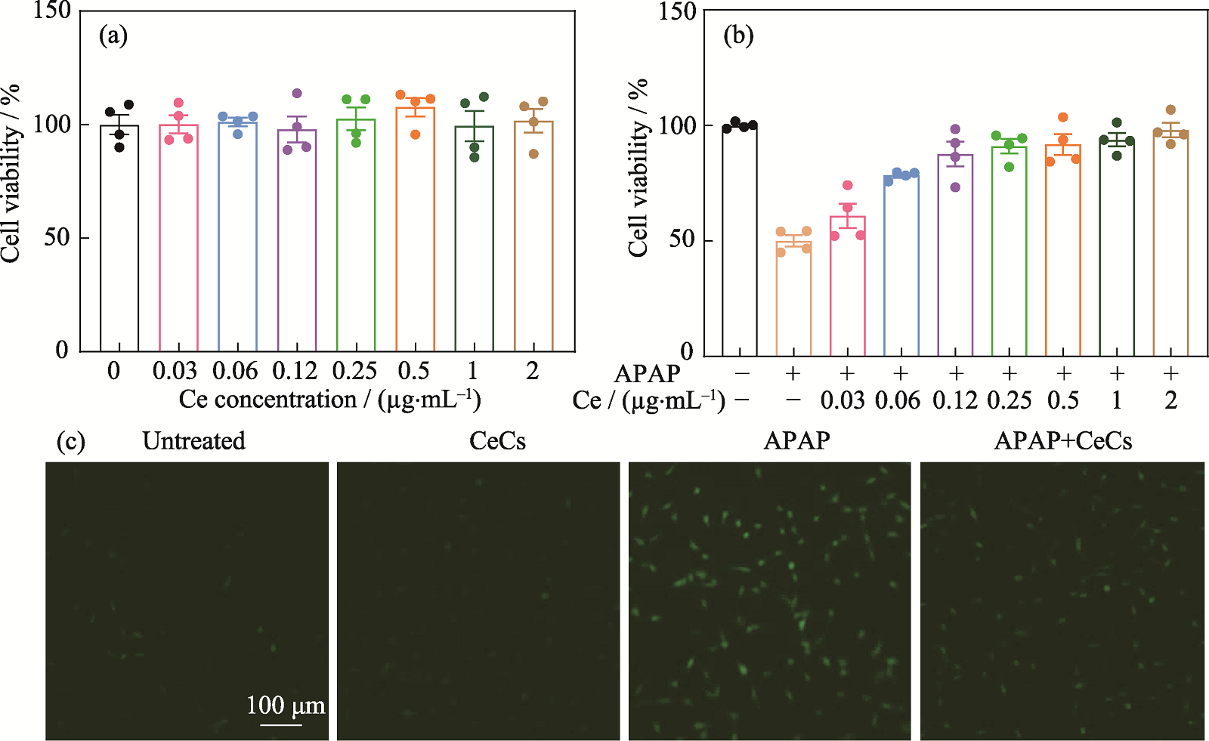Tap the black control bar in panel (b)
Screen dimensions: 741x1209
point(740,242)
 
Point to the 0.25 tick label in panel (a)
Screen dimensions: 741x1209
point(354,371)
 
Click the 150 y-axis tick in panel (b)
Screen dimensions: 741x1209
point(677,11)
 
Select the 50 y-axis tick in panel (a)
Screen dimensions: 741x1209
point(56,237)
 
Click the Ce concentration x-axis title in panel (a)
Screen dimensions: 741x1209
point(329,400)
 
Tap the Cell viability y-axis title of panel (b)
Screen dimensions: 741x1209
point(639,168)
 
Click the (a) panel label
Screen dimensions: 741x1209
point(113,36)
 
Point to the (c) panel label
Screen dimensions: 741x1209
point(71,441)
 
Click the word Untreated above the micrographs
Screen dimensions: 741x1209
point(194,440)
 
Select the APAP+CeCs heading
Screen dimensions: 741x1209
point(1062,440)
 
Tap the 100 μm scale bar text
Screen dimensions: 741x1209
point(286,705)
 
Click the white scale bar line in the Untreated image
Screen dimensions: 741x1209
point(281,725)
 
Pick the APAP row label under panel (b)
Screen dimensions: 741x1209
point(647,373)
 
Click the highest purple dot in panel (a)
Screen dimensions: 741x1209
point(297,94)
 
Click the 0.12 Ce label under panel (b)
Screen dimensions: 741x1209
point(955,400)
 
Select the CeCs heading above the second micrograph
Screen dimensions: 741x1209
point(497,440)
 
